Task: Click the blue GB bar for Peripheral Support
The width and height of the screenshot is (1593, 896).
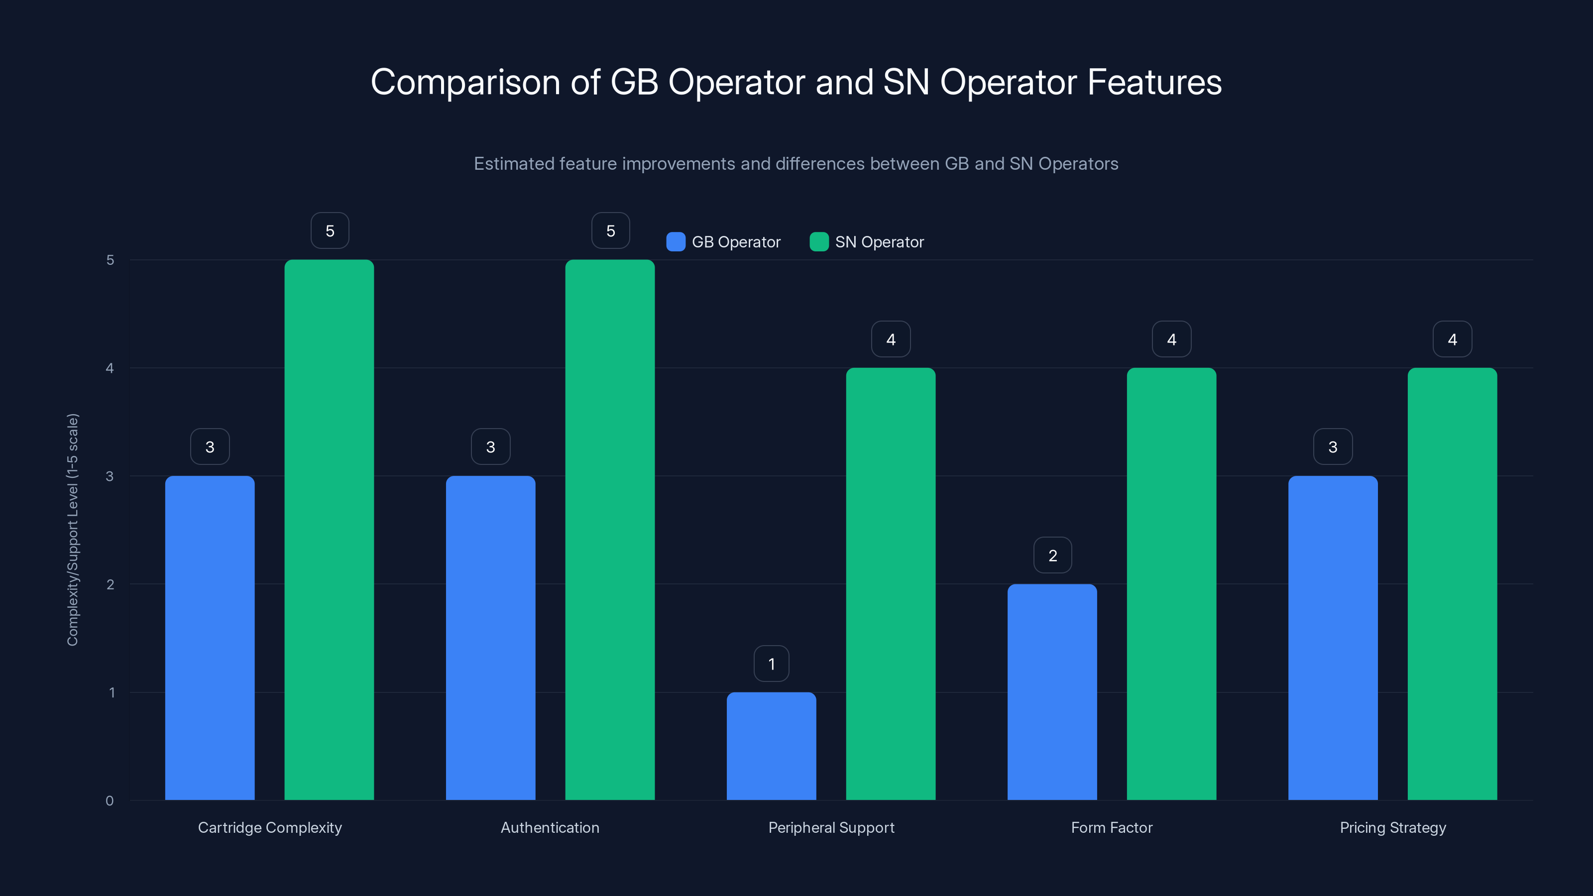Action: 771,746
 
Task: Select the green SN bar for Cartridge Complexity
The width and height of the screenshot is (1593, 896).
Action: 329,529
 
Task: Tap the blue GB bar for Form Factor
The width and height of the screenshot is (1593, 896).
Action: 1052,691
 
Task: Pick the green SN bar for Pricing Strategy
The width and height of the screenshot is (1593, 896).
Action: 1452,584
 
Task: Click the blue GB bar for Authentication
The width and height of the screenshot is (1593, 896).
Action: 490,638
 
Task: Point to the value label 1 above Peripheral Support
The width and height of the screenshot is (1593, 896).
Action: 771,664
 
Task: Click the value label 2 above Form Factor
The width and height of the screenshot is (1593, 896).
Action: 1052,556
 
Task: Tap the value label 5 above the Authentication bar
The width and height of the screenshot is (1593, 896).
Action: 610,230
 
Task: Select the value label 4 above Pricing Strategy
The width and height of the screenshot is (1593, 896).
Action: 1452,339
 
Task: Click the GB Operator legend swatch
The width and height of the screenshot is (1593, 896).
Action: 676,242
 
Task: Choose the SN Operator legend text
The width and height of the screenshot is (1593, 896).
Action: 879,242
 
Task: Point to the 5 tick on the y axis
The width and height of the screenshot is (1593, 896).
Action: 110,260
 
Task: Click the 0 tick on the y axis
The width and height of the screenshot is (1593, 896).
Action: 110,801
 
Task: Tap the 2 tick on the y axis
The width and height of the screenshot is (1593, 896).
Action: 110,584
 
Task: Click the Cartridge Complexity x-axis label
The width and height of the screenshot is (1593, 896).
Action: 270,827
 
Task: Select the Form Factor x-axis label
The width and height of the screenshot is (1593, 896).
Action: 1111,827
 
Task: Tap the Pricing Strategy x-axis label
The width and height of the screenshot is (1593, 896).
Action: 1393,827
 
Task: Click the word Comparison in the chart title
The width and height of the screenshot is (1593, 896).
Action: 464,82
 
